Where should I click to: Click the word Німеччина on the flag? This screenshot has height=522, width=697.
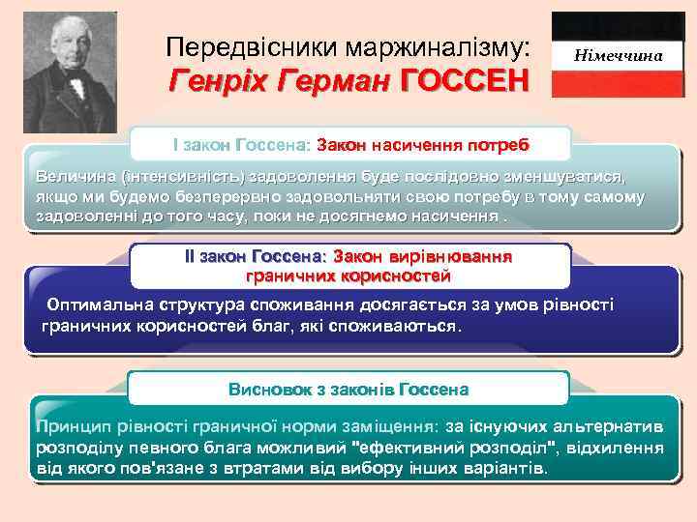pyautogui.click(x=619, y=56)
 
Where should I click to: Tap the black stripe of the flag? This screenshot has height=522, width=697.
pyautogui.click(x=619, y=24)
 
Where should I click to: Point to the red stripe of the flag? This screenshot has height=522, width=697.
pyautogui.click(x=619, y=85)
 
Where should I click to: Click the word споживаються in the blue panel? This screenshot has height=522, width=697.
pyautogui.click(x=403, y=327)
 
